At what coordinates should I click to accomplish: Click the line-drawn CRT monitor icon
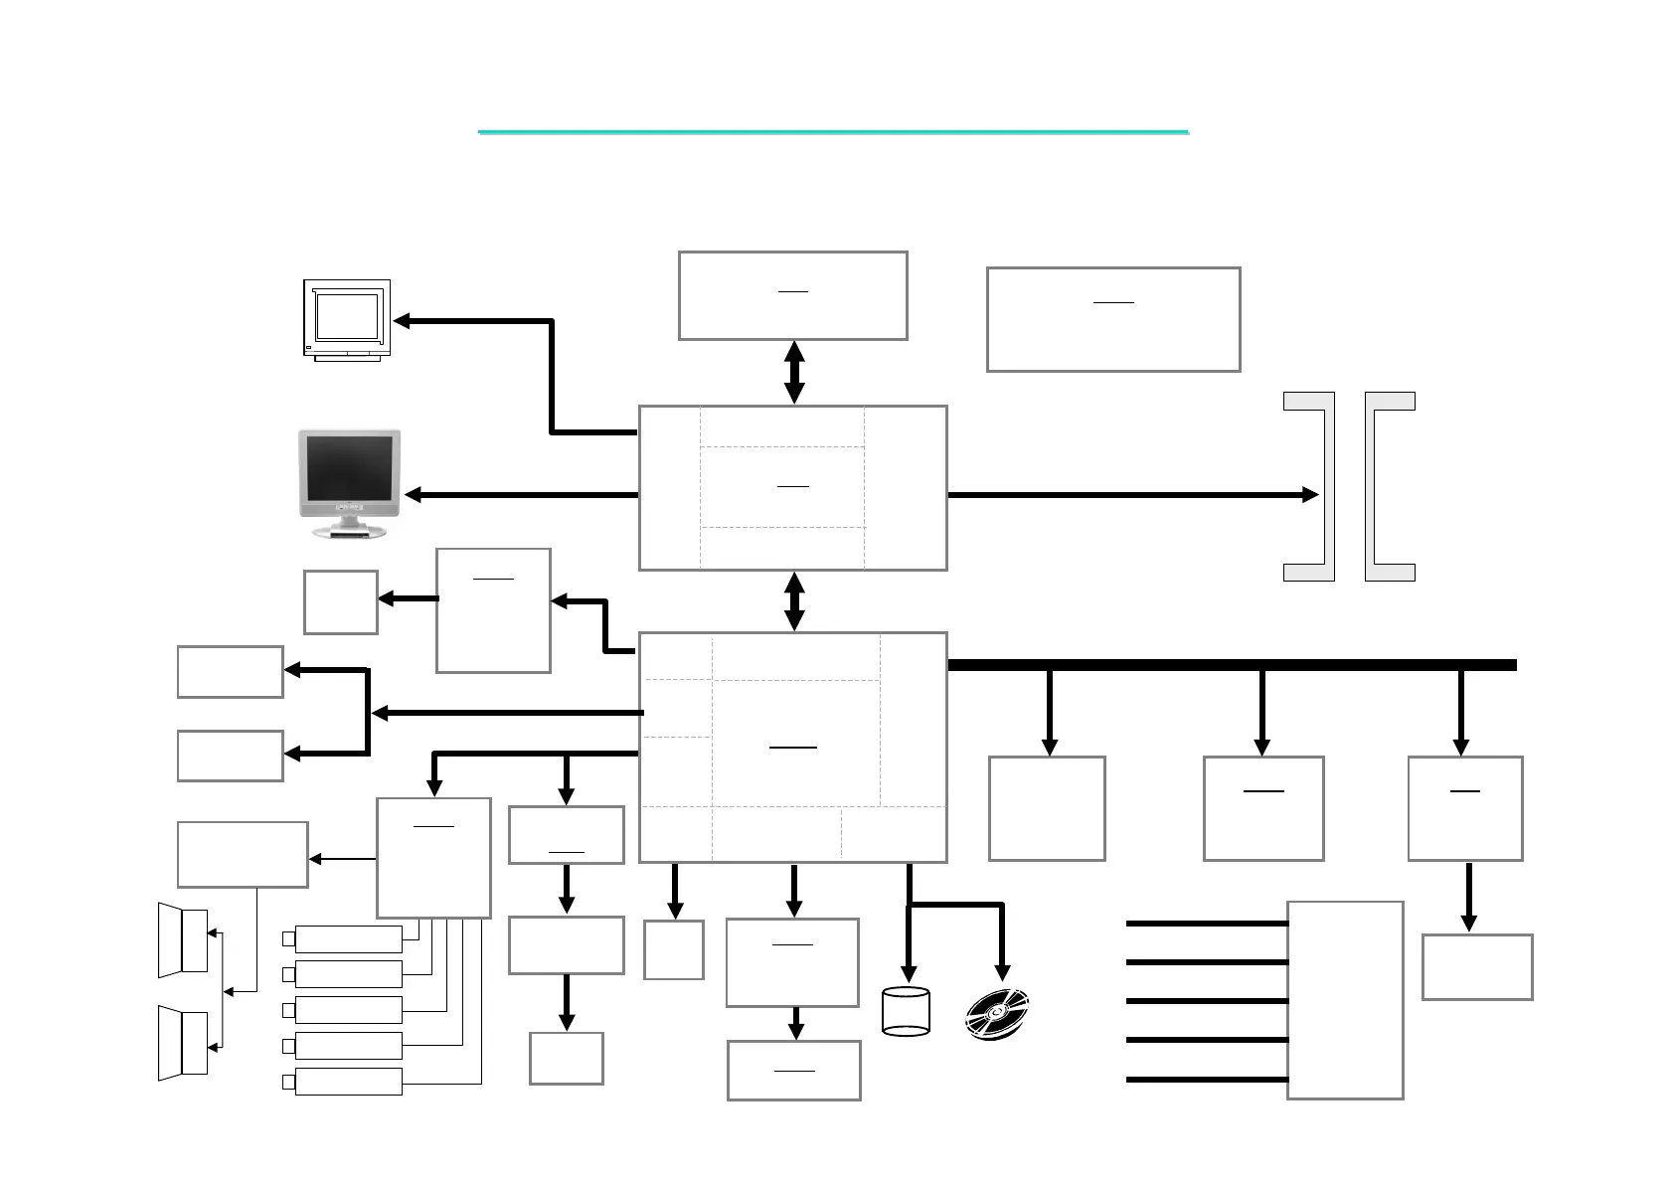[346, 319]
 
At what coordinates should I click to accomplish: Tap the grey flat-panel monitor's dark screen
[349, 468]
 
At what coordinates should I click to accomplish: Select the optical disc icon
[997, 1015]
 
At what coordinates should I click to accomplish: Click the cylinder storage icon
[906, 1012]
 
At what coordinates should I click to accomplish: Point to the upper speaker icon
[183, 939]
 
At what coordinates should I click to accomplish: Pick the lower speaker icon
[183, 1043]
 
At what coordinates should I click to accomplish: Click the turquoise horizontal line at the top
[833, 131]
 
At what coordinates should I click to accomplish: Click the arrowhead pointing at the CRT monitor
[403, 321]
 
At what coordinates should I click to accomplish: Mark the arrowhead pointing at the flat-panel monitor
[414, 495]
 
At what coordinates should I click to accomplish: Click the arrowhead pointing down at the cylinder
[907, 973]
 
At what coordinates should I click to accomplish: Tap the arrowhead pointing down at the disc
[1002, 972]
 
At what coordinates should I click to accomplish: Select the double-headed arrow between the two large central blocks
[793, 601]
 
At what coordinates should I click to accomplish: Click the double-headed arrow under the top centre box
[793, 373]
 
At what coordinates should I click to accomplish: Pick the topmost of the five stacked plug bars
[348, 938]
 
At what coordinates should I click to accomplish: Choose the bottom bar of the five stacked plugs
[348, 1082]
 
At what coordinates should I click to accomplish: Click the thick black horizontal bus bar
[1233, 665]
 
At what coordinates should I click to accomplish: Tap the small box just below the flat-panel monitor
[340, 602]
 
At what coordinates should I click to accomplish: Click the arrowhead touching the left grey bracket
[1310, 495]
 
